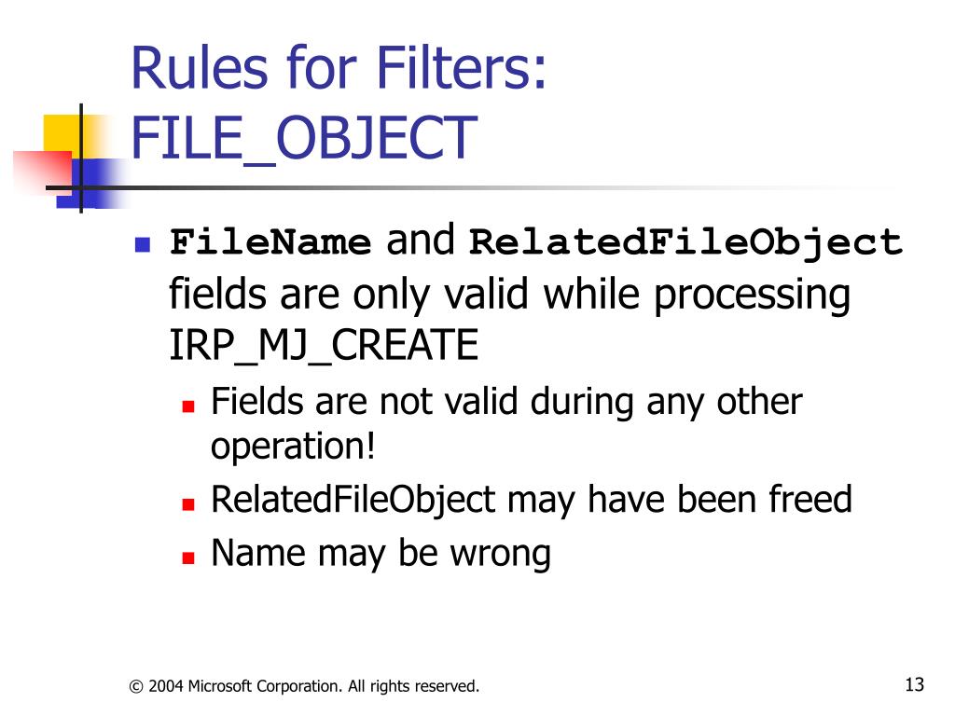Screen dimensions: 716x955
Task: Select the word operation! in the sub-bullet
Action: [293, 447]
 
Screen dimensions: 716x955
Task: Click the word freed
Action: [810, 500]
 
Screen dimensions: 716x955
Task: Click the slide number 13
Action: [914, 685]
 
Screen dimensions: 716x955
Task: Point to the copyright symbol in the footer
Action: [136, 687]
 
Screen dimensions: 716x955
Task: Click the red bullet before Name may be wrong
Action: [187, 558]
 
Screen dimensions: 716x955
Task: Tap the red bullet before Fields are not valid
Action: [187, 406]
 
